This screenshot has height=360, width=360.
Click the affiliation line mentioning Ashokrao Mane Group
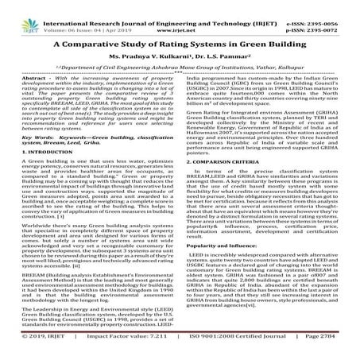click(x=180, y=72)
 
